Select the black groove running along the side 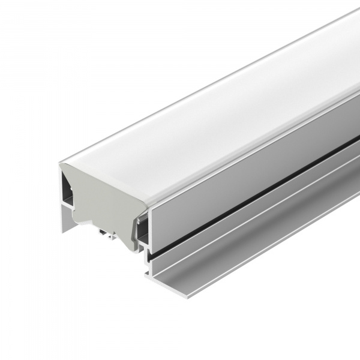tap(252, 180)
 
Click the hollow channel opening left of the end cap tap(67, 192)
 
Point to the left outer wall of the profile tap(62, 198)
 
